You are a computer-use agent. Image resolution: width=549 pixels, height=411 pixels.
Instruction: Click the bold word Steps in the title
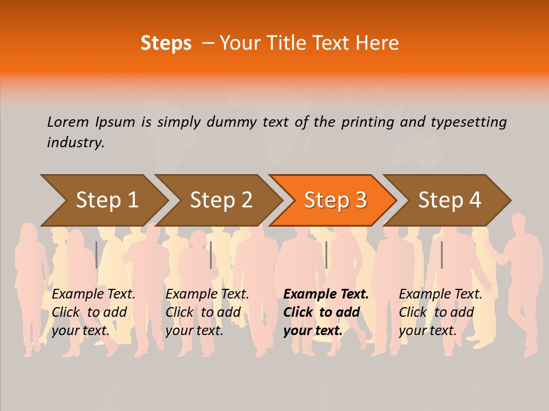click(x=166, y=43)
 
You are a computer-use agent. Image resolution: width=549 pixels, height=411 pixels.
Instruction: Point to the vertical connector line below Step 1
click(x=97, y=255)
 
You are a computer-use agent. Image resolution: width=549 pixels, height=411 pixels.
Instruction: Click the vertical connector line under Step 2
click(x=211, y=255)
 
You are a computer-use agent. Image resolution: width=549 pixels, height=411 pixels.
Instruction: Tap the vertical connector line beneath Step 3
click(x=326, y=255)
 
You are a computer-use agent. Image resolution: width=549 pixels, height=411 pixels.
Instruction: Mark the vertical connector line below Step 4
click(x=441, y=255)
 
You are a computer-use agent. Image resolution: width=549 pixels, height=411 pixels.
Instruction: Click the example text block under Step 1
click(x=93, y=312)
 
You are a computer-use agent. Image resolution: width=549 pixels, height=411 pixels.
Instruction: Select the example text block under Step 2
click(x=207, y=312)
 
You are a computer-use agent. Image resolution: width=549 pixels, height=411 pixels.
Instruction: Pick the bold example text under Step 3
click(x=326, y=312)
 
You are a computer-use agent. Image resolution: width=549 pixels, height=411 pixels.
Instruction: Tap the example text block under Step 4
click(x=440, y=312)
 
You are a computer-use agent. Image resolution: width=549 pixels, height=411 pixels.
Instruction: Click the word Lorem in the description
click(x=68, y=122)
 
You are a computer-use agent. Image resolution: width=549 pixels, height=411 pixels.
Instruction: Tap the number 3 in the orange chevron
click(x=361, y=200)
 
